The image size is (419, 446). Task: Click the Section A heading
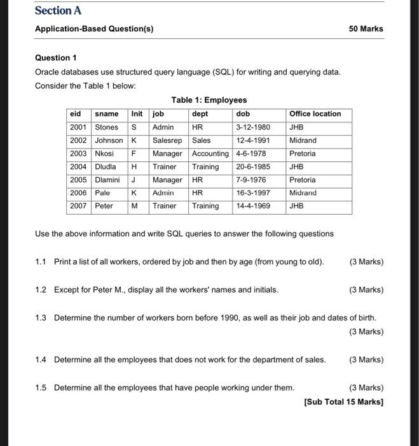pos(58,11)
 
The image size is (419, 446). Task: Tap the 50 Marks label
pos(366,29)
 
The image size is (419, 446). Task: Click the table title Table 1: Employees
pos(209,100)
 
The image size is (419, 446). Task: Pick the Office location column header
pos(315,114)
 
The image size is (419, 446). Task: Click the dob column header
pos(243,114)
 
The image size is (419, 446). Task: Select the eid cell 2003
pos(78,154)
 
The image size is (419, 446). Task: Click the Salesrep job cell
pos(167,140)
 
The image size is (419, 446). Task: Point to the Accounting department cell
pos(209,154)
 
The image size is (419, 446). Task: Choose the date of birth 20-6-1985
pos(252,167)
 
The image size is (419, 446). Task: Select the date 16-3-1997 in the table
pos(252,193)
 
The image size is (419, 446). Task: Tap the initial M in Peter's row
pos(135,206)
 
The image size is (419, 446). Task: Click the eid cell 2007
pos(78,206)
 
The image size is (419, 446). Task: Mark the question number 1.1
pos(41,262)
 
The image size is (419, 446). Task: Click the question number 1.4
pos(41,359)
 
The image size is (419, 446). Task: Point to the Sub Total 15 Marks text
pos(344,401)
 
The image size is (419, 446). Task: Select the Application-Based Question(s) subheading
pos(94,29)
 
